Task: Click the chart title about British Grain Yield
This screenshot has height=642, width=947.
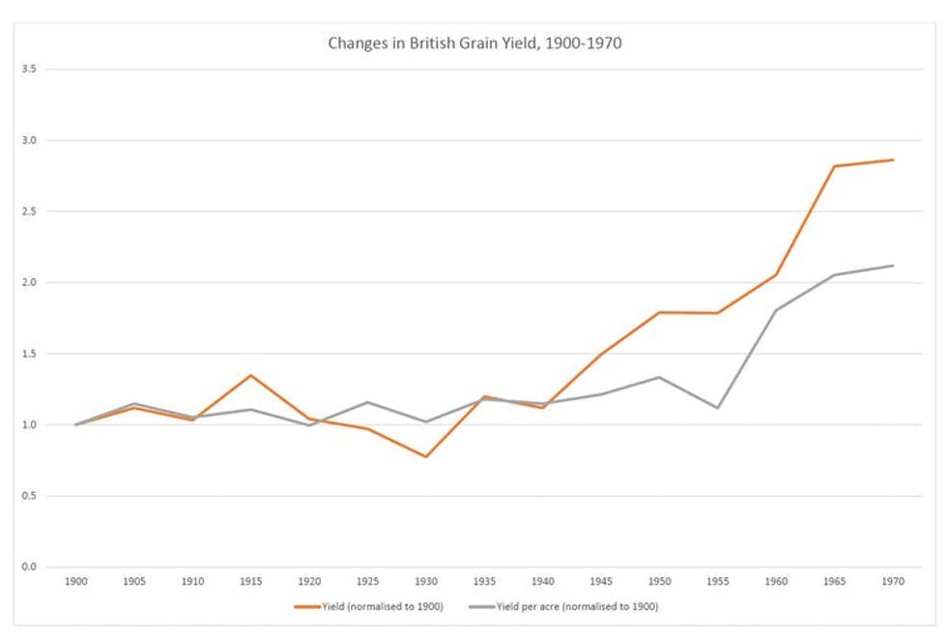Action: point(473,43)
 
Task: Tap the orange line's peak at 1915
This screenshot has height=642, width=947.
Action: point(250,375)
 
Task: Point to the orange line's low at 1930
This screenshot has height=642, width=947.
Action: point(425,456)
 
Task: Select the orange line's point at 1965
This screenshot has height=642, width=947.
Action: point(833,166)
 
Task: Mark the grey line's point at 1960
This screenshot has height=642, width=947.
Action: point(775,310)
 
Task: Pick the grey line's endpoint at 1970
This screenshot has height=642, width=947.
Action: point(892,265)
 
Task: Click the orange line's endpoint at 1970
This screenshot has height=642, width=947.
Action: point(892,160)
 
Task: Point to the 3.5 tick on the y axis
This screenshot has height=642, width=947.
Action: point(29,69)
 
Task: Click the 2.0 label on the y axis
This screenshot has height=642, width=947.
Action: point(29,282)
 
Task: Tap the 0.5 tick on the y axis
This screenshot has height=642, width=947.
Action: point(29,496)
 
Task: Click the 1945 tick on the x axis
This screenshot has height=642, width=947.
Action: point(600,582)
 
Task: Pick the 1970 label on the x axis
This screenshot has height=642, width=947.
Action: point(892,582)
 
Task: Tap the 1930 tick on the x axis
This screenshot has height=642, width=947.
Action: point(425,582)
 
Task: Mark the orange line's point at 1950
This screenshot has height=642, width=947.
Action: point(658,312)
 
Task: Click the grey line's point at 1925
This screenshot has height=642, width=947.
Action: point(367,402)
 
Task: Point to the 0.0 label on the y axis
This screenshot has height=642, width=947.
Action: point(29,567)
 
